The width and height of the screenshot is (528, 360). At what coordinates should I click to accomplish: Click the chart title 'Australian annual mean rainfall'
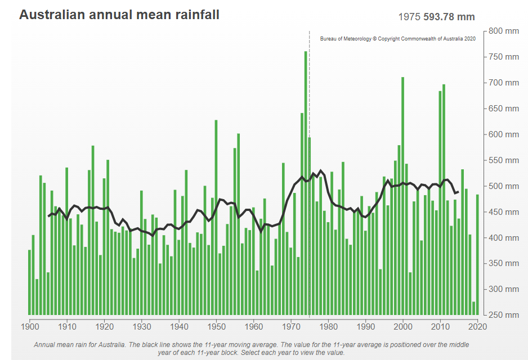119,15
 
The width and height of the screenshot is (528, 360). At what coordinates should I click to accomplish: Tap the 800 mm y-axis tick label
503,31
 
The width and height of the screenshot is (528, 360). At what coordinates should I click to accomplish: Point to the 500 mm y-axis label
503,186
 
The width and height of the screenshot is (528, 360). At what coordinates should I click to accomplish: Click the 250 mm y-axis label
503,315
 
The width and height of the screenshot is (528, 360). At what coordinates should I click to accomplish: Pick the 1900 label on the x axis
30,326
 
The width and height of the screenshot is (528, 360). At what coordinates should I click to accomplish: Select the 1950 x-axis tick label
216,326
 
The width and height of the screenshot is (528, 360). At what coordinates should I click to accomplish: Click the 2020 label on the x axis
477,326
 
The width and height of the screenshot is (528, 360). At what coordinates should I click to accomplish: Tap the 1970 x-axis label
291,326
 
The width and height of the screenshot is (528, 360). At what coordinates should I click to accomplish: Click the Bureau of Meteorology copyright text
398,39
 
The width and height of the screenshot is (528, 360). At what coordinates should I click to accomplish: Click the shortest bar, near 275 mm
474,308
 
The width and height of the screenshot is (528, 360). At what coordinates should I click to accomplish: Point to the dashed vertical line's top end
309,32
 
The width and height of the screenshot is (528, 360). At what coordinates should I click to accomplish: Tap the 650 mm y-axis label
503,109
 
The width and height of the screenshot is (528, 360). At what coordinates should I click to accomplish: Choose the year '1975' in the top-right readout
409,17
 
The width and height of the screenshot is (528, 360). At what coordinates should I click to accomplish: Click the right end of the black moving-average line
458,192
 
